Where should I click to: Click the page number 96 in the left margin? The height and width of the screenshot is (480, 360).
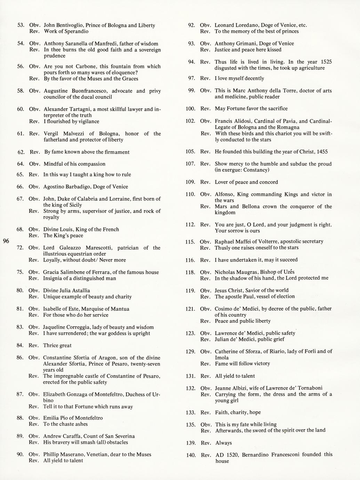(x=6, y=241)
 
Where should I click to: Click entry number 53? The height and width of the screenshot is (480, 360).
(x=21, y=25)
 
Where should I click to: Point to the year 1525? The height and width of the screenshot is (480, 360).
(x=325, y=62)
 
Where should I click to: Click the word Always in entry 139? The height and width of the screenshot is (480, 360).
(x=223, y=443)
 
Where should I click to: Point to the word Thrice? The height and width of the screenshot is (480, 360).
(x=50, y=345)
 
